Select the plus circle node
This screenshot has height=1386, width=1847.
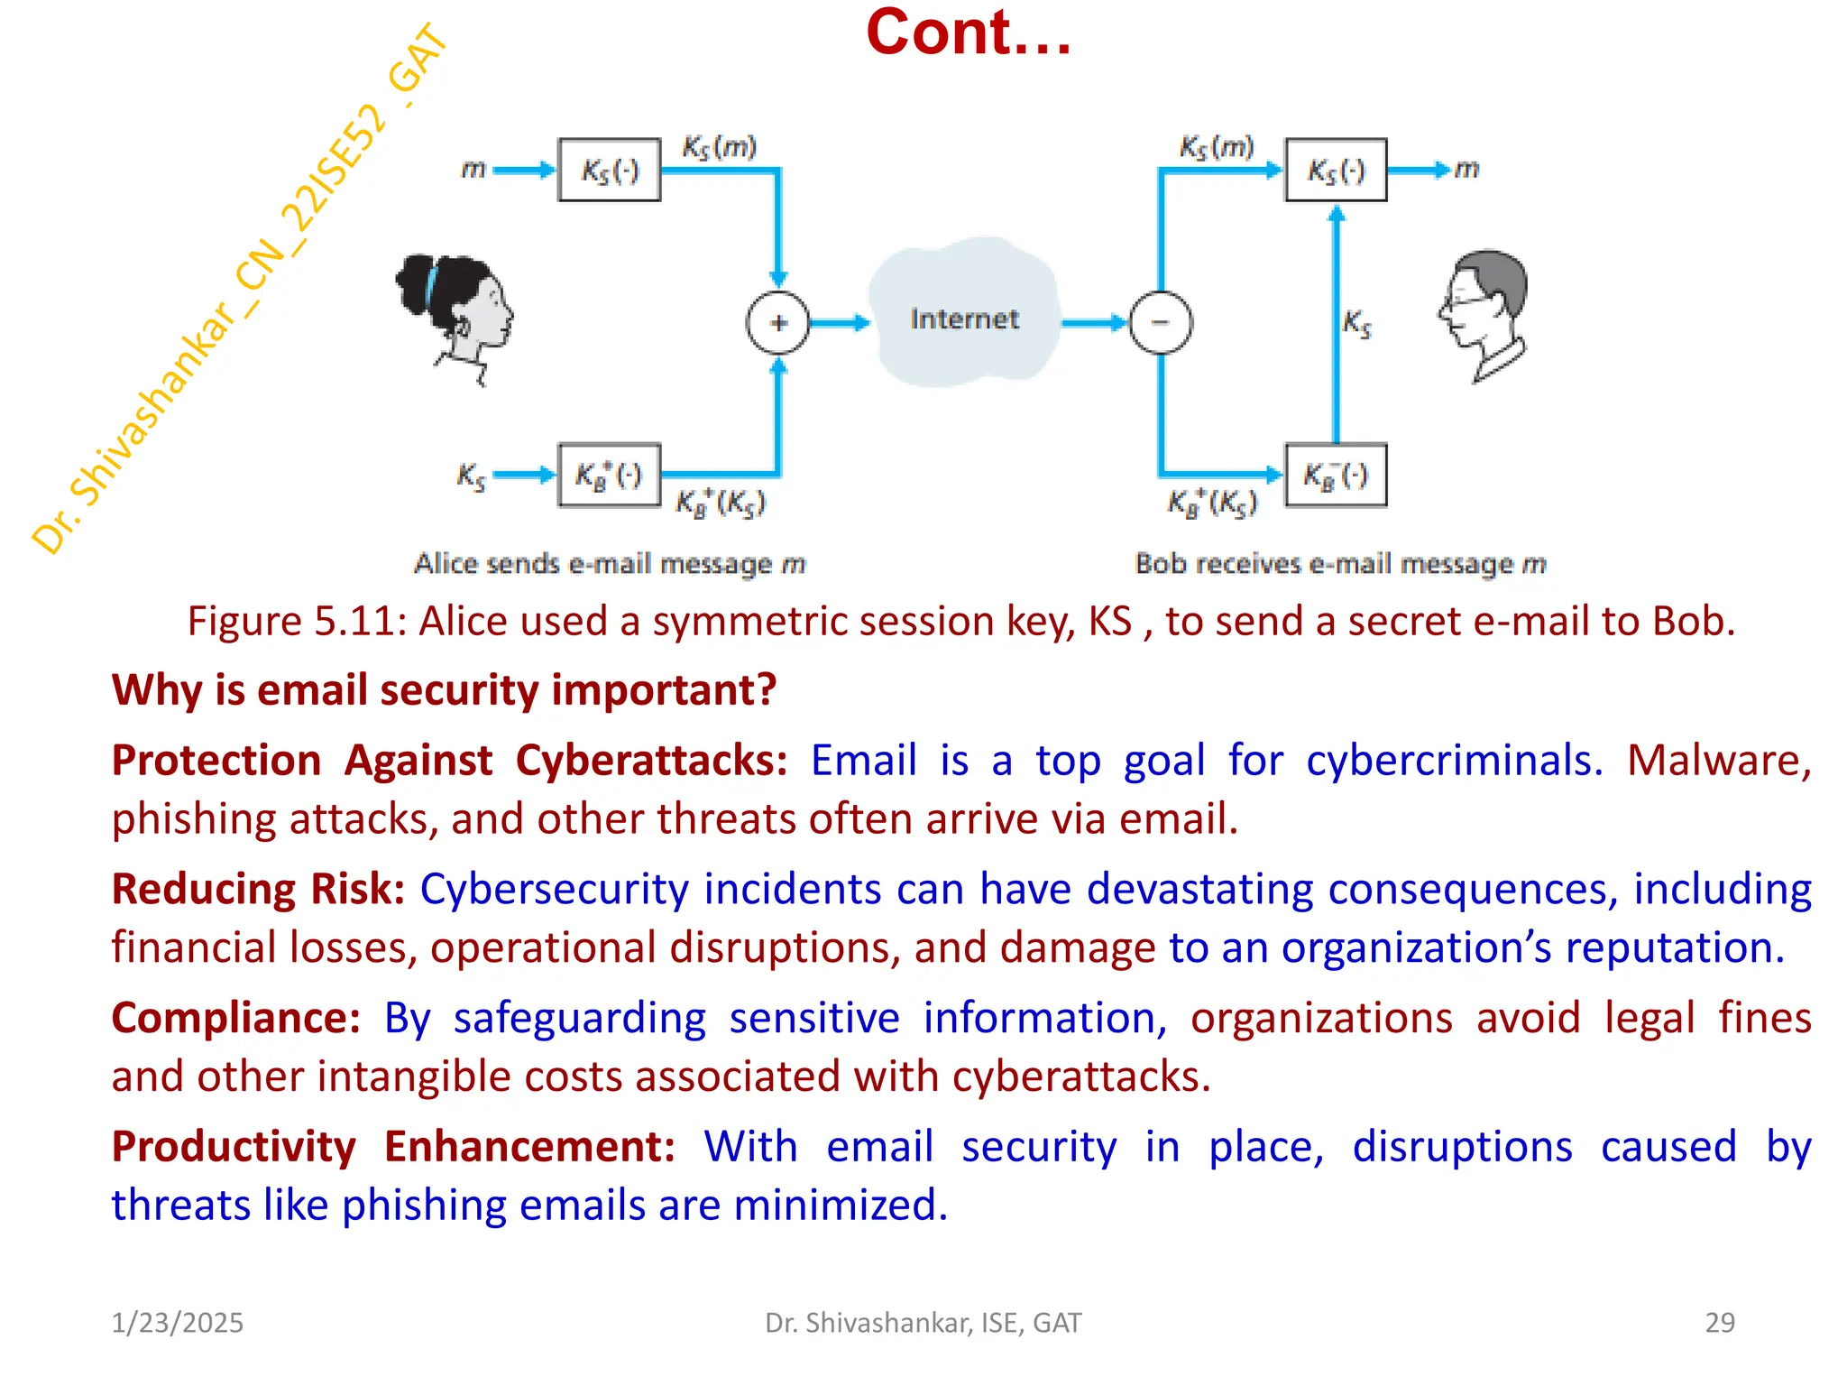[x=778, y=323]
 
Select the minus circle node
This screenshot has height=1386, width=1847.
[x=1161, y=323]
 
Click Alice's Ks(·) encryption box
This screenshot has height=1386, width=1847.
[x=610, y=170]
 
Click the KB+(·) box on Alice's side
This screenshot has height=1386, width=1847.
[x=610, y=476]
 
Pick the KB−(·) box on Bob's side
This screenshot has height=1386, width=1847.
[x=1336, y=476]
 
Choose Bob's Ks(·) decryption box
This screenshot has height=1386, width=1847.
[x=1336, y=170]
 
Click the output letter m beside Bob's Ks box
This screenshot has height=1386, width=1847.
[x=1467, y=169]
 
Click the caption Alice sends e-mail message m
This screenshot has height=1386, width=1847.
[x=610, y=564]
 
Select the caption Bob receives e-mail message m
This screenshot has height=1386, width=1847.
[x=1340, y=564]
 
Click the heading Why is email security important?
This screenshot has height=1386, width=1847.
[x=444, y=690]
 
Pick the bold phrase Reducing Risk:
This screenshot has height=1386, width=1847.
[x=258, y=889]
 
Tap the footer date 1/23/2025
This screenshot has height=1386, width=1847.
[x=177, y=1323]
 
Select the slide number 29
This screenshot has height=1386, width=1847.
[x=1719, y=1323]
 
